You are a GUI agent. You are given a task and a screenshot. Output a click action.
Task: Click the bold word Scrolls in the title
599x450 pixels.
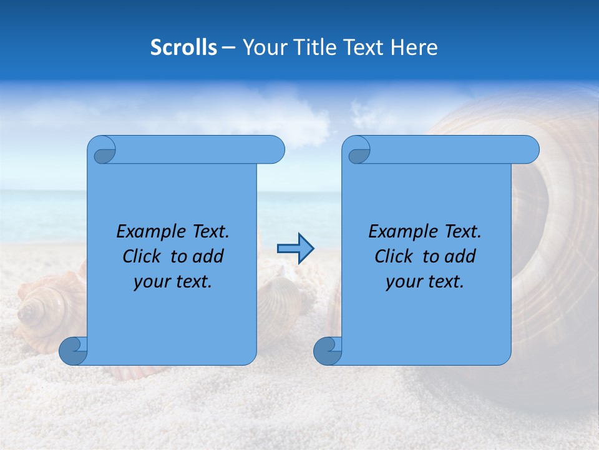tap(183, 47)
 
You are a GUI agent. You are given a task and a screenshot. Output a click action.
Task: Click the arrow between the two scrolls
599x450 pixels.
tap(295, 249)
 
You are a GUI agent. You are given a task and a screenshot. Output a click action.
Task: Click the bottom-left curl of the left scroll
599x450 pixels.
tap(73, 351)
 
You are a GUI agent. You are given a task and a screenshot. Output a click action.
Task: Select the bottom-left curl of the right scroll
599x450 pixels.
tap(328, 351)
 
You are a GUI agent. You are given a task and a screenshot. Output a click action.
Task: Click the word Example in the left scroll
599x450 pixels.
tap(145, 232)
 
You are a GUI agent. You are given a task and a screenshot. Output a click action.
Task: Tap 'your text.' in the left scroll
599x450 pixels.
tap(173, 281)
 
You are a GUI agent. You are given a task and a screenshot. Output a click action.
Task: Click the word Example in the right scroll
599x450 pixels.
tap(397, 232)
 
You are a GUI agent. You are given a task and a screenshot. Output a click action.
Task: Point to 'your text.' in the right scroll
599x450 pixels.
tap(425, 281)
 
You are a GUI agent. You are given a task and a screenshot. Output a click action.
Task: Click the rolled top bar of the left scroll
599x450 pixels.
tap(193, 150)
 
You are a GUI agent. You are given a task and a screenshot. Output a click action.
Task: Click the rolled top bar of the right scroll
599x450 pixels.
tap(449, 150)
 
